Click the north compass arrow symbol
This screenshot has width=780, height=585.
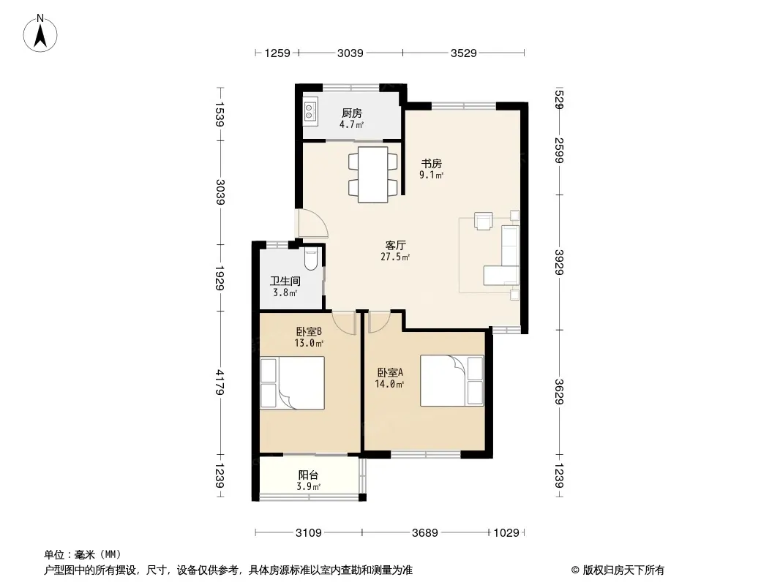click(x=40, y=34)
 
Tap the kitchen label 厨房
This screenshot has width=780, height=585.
click(x=351, y=113)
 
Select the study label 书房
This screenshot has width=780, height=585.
click(x=431, y=163)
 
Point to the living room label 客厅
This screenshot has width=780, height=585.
click(x=395, y=245)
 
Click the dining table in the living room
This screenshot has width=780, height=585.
click(x=373, y=175)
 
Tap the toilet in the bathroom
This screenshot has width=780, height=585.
click(x=311, y=259)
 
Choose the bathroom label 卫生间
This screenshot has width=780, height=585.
click(x=285, y=281)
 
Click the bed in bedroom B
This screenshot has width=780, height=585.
click(x=293, y=382)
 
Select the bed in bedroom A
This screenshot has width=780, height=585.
click(x=451, y=380)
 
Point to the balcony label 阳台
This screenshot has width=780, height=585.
click(x=309, y=475)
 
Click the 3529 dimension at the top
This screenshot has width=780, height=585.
click(x=464, y=53)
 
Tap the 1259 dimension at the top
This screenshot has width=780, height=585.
click(x=277, y=53)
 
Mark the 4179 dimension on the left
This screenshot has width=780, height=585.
click(x=220, y=382)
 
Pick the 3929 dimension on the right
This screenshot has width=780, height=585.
click(x=559, y=262)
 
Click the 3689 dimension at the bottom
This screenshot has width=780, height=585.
click(x=425, y=533)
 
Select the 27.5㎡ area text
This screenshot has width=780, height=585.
click(x=395, y=257)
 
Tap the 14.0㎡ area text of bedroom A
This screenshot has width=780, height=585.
click(x=389, y=384)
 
